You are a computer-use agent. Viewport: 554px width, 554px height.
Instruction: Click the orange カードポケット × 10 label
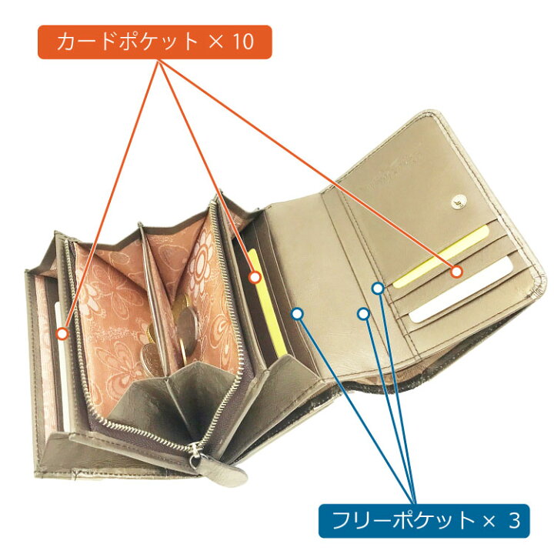pos(155,42)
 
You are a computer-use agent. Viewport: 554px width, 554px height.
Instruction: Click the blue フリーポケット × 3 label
pos(424,521)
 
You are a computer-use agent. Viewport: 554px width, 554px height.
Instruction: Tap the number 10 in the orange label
pos(242,42)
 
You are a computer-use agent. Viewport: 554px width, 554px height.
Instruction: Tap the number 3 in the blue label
pos(515,521)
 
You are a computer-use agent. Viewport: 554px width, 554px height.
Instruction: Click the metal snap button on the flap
pos(459,202)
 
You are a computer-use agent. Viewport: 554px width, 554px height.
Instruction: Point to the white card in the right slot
pos(461,290)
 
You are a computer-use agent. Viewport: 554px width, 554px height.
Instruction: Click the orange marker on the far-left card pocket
pos(62,333)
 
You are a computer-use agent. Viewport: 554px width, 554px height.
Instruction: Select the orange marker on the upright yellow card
pos(255,277)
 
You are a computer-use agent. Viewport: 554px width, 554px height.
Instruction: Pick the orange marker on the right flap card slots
pos(456,272)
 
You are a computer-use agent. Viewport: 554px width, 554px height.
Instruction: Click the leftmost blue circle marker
pos(298,313)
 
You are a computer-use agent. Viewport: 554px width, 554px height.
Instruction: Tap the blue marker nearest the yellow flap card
pos(378,289)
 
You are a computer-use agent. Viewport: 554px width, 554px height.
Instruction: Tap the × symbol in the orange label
pos(216,42)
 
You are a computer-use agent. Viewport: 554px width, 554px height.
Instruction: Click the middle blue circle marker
pos(363,313)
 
